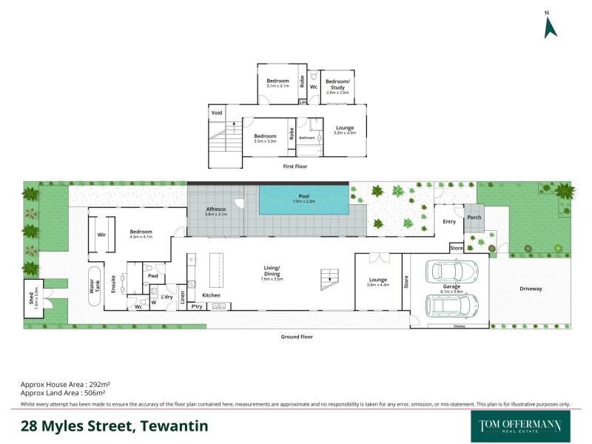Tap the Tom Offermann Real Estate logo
(x=521, y=426)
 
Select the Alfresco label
(x=216, y=210)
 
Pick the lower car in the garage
(x=451, y=304)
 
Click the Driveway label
(x=531, y=288)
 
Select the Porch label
(x=474, y=217)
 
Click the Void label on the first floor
(x=217, y=112)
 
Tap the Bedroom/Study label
(x=337, y=84)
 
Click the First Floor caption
(x=295, y=166)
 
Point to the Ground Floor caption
(x=297, y=337)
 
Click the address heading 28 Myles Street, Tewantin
(x=114, y=425)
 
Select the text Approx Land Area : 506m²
(x=65, y=394)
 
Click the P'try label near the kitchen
(x=197, y=306)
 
